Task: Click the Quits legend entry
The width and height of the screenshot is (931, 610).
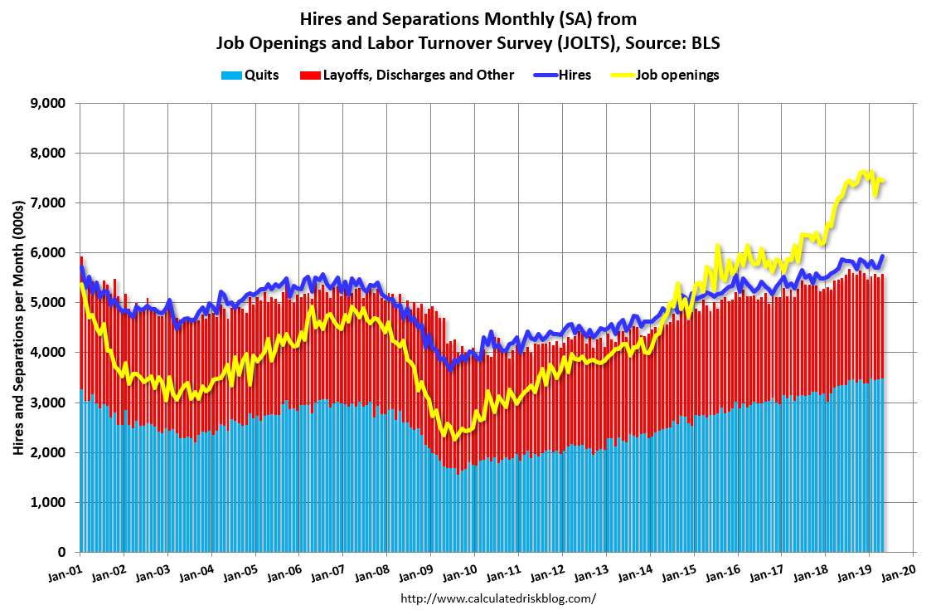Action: click(x=250, y=75)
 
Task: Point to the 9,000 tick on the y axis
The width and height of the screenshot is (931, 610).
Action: click(x=48, y=104)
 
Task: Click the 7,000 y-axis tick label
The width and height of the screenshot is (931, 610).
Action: click(x=48, y=203)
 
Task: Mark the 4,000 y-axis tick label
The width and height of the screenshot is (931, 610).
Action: click(x=48, y=353)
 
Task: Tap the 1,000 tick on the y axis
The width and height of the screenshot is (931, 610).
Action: click(x=48, y=502)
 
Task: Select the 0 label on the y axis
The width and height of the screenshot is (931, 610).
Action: click(x=61, y=553)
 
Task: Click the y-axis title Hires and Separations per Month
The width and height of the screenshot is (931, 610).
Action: click(x=17, y=328)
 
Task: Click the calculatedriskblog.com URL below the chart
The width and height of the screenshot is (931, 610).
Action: click(x=497, y=598)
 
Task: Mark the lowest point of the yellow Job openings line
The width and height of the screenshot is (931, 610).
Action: click(x=454, y=439)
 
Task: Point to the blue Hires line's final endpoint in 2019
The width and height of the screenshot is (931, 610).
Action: click(x=883, y=256)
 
